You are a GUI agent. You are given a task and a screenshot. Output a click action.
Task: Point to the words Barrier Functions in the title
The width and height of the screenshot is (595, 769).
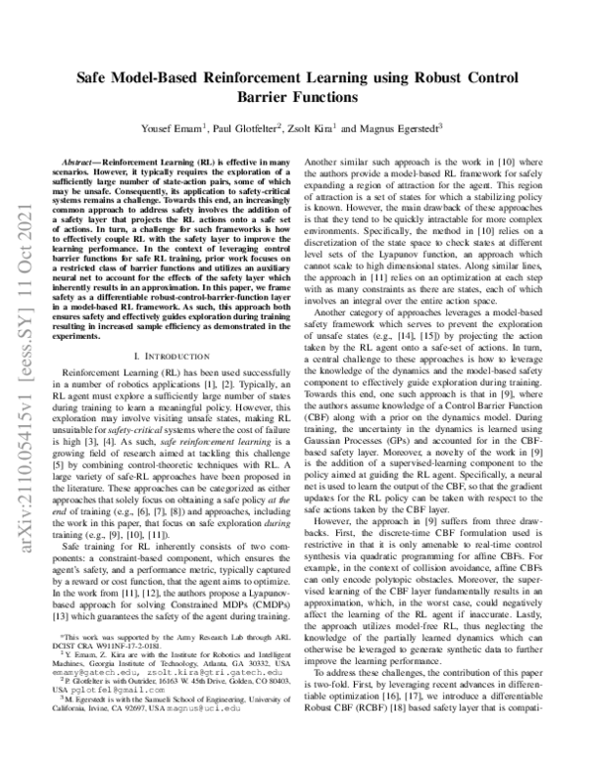pyautogui.click(x=289, y=98)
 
